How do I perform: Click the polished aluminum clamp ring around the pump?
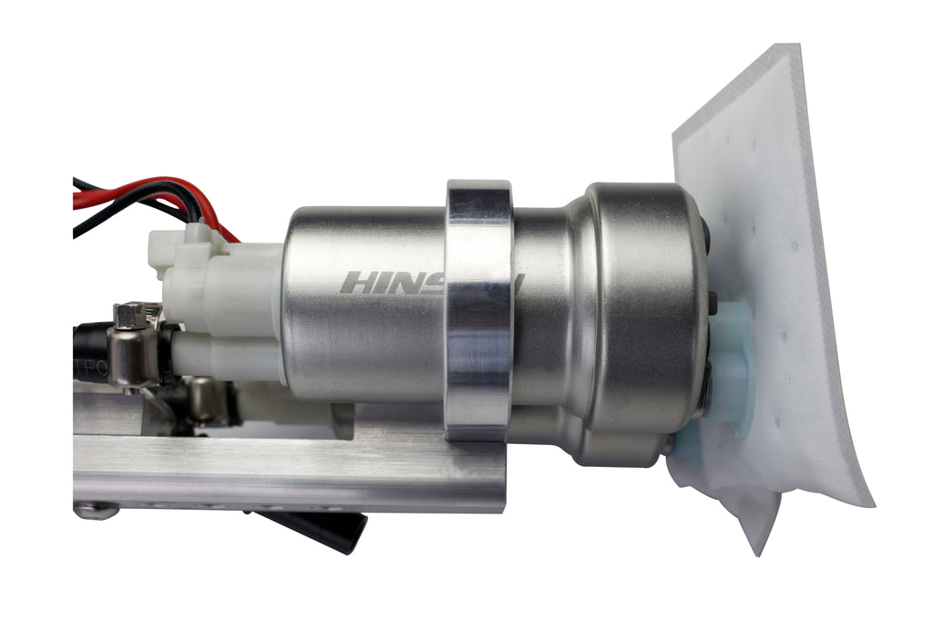point(477,310)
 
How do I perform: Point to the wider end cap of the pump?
point(638,310)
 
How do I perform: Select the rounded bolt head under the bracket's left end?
point(95,511)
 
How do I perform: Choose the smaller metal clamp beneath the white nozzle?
point(205,401)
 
